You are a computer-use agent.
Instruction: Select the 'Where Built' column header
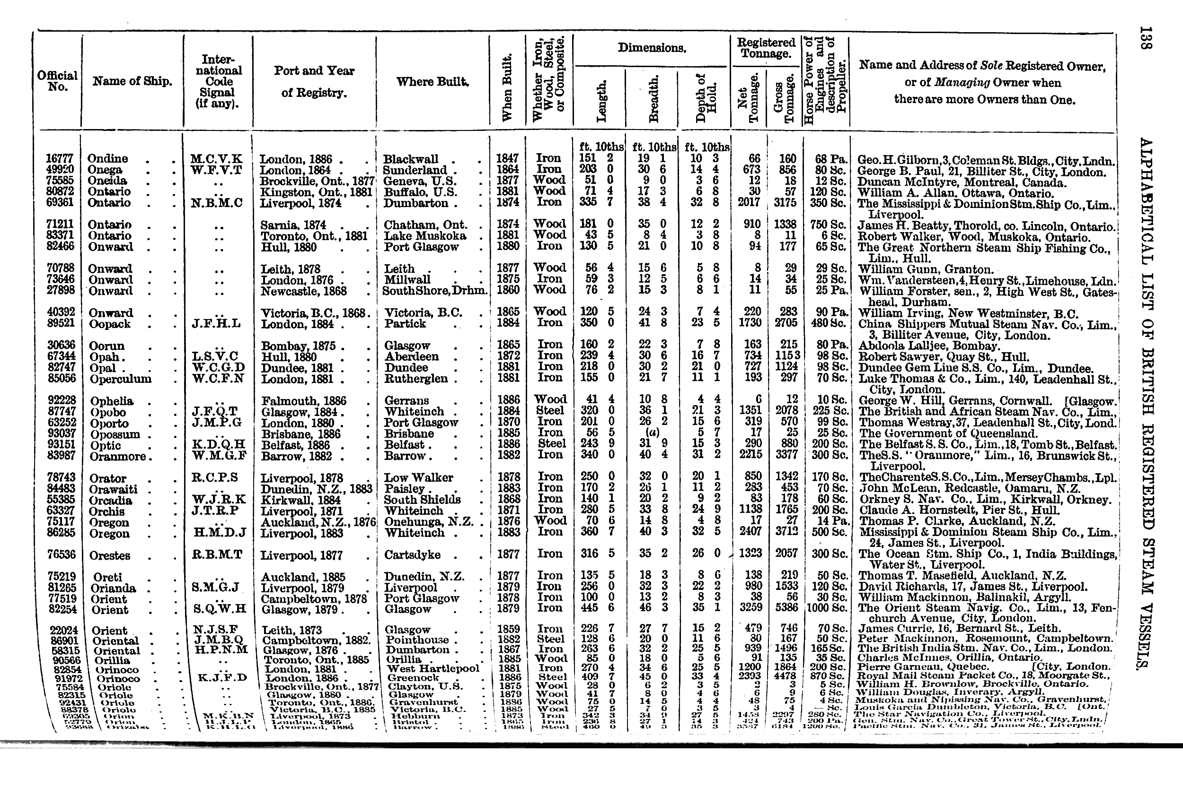[433, 82]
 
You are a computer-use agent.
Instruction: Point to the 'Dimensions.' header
[652, 48]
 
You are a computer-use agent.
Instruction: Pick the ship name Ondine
[107, 159]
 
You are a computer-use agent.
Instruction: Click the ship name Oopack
[110, 324]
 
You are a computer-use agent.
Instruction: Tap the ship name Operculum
[120, 379]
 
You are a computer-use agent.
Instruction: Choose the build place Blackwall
[410, 159]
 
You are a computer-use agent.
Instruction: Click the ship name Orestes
[111, 555]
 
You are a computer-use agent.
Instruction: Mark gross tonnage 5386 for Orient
[785, 607]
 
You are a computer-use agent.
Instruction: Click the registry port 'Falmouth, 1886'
[304, 401]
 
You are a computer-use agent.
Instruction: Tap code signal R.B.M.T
[217, 555]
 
